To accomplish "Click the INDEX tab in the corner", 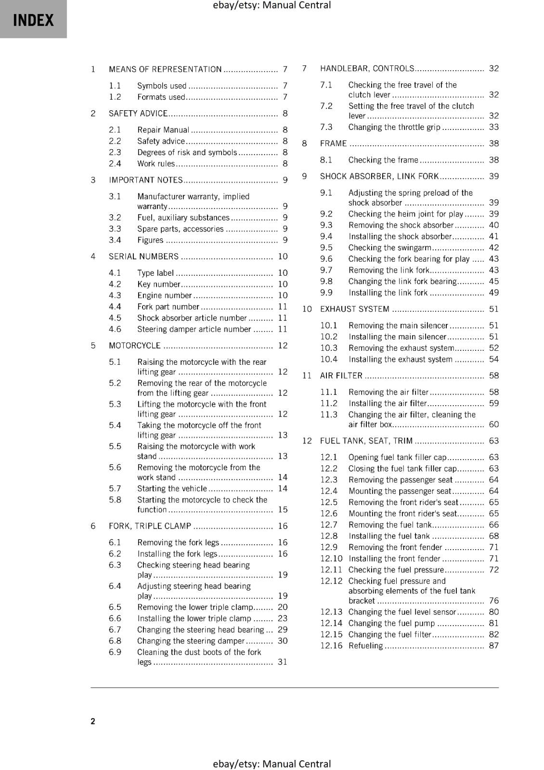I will click(x=33, y=20).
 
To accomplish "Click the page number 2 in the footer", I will click(x=93, y=721).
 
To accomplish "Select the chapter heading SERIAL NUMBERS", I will click(x=143, y=257).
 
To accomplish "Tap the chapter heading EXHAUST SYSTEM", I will click(x=355, y=309).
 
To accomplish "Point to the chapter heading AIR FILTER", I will click(x=341, y=375).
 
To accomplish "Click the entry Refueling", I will click(x=366, y=646).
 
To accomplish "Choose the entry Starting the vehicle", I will click(x=172, y=488).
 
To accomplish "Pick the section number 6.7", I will click(x=115, y=629).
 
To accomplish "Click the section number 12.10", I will click(x=331, y=559).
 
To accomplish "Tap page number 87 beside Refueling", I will click(x=494, y=646).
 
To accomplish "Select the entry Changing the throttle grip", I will click(x=394, y=127).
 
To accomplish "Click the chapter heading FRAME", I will click(x=334, y=143).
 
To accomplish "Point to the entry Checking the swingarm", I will click(x=390, y=248).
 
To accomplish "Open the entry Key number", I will click(x=158, y=284).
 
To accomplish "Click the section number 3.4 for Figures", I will click(x=115, y=240).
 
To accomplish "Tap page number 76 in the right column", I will click(x=494, y=601).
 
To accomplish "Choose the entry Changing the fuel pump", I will click(x=392, y=623).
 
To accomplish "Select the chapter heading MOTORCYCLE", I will click(x=135, y=346).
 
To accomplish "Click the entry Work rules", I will click(x=156, y=164).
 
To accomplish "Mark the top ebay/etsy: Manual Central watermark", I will click(x=272, y=5).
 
